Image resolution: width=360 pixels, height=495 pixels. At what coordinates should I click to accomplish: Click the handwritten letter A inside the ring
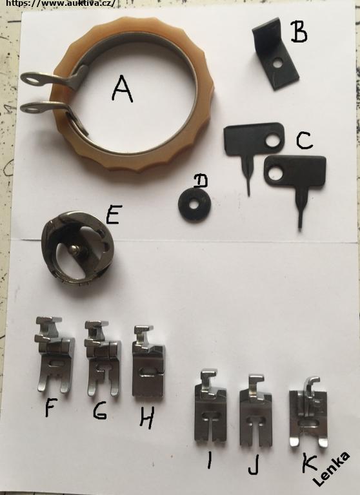coord(123,90)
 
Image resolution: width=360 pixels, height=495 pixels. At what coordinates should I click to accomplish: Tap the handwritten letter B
coord(298,32)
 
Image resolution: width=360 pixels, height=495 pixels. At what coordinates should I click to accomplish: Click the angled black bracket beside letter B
coord(275,54)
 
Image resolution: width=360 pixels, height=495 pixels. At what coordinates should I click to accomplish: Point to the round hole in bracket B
coord(279,63)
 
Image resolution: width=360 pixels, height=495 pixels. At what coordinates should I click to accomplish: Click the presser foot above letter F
coord(55,354)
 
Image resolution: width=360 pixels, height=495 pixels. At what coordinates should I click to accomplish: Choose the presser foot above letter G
coord(103,358)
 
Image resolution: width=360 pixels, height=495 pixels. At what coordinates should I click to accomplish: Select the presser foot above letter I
coord(210,405)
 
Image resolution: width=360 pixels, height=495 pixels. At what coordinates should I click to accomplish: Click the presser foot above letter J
coord(255,410)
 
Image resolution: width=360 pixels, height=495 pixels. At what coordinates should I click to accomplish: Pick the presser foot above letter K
coord(309,412)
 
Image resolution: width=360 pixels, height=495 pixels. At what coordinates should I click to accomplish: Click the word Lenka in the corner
coord(332,469)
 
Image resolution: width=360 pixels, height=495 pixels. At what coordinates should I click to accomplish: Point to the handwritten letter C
coord(305,141)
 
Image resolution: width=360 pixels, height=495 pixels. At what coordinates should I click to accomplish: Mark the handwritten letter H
coord(147,418)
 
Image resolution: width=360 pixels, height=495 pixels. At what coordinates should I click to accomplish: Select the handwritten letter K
coord(309,463)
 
